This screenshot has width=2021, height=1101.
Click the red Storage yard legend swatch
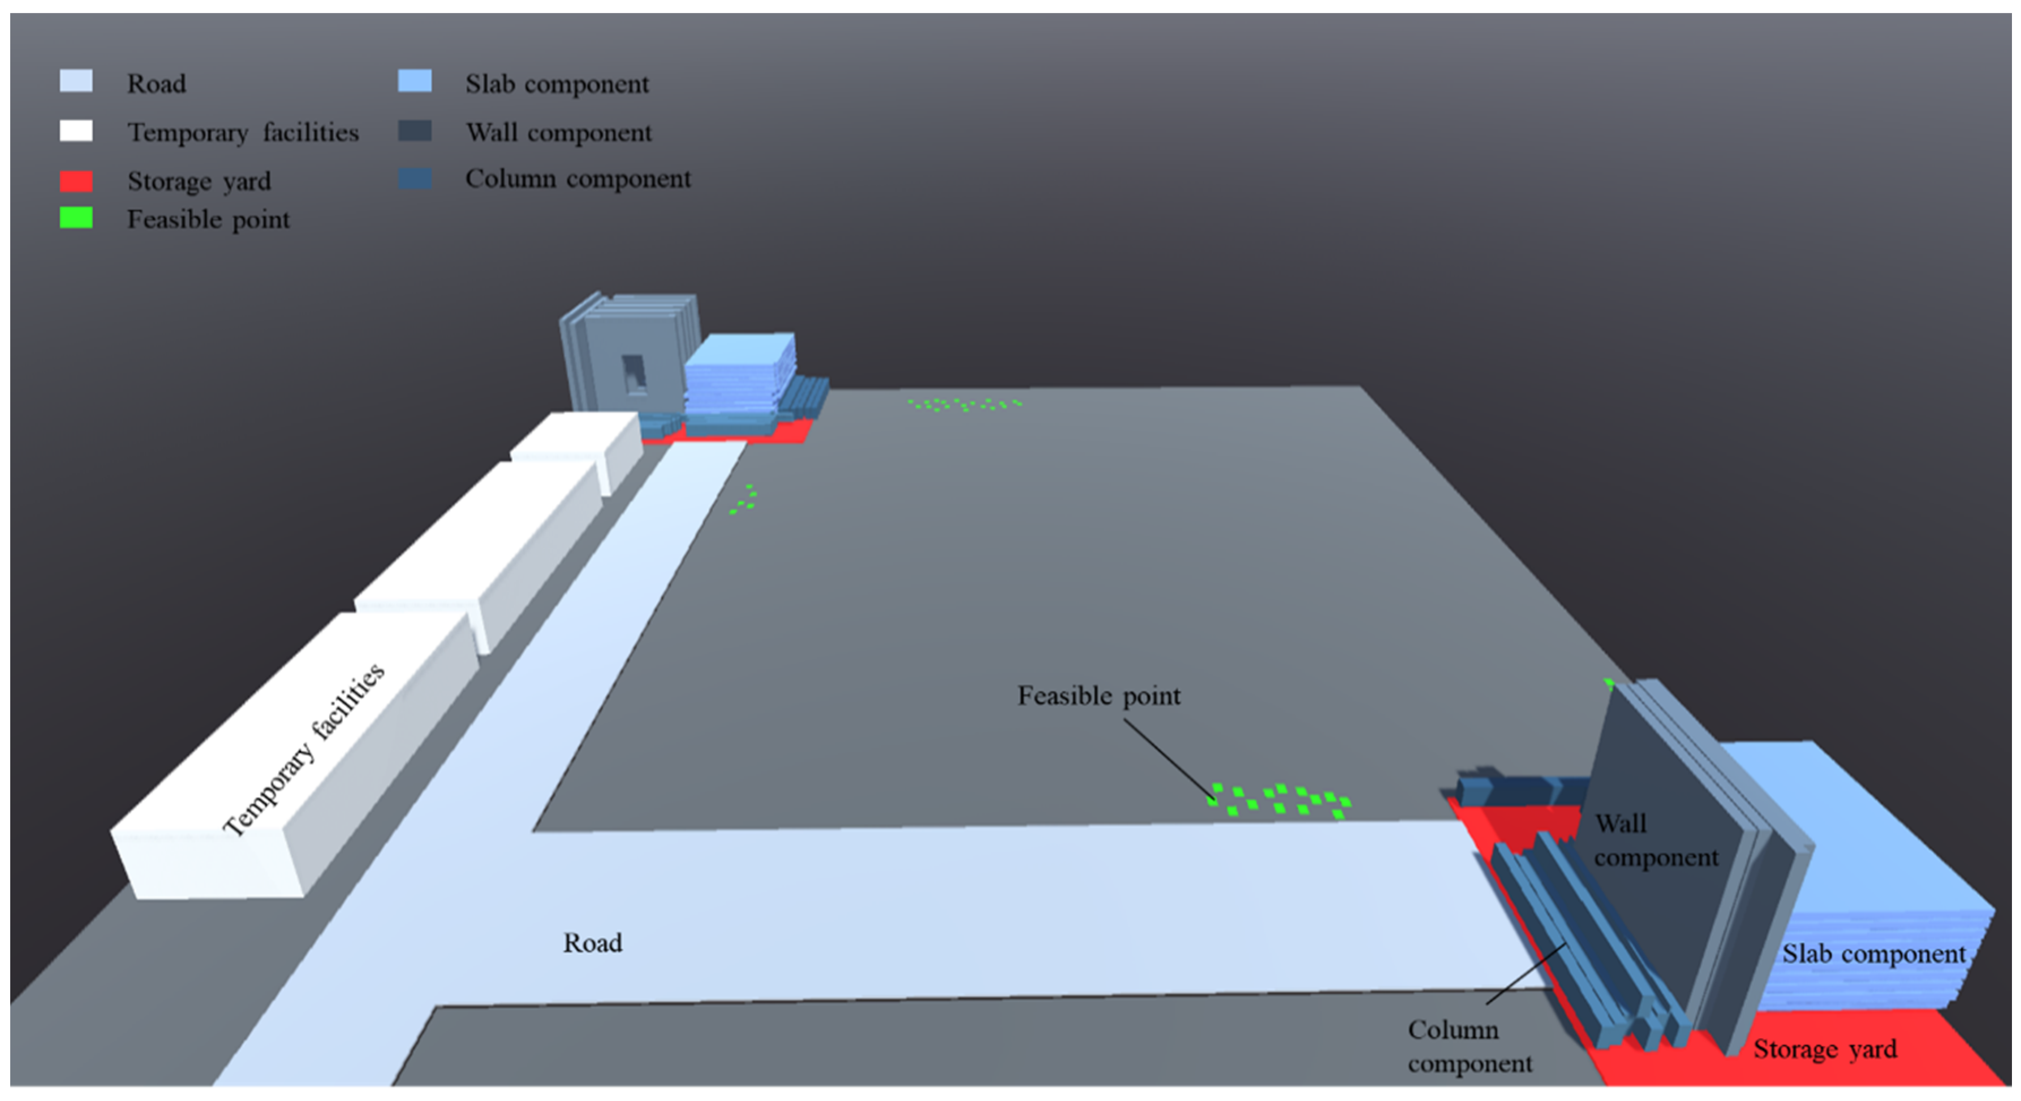(76, 181)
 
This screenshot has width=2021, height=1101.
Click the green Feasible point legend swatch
(76, 218)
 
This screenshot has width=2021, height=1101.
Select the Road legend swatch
(76, 81)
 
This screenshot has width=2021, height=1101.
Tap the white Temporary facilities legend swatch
(76, 131)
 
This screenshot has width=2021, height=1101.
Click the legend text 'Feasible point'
(208, 219)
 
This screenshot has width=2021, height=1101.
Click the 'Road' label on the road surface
(592, 943)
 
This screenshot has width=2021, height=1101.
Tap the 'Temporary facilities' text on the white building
(304, 749)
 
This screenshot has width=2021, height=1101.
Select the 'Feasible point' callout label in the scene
(1098, 696)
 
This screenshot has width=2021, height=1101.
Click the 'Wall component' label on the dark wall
(1656, 840)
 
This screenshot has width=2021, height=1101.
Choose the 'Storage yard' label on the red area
(1825, 1049)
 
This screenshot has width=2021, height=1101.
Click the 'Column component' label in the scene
(1469, 1046)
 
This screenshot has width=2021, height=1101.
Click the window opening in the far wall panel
(633, 372)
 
